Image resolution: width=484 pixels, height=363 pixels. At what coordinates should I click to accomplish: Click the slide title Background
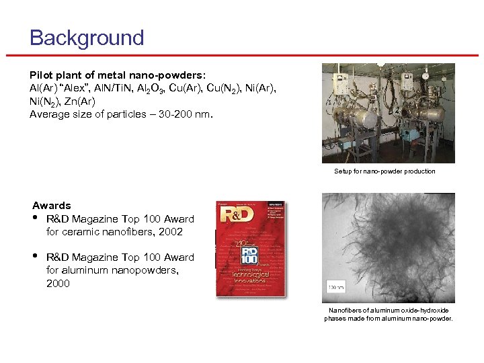(x=87, y=38)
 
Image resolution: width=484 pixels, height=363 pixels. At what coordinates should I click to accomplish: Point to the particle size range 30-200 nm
(x=177, y=114)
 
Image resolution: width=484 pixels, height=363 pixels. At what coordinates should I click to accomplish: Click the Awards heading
(x=52, y=206)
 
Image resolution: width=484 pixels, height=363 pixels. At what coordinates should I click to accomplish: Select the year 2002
(x=170, y=232)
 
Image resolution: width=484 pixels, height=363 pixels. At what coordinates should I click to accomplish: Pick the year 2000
(x=58, y=284)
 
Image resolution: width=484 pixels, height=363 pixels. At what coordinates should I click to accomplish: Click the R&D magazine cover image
(x=251, y=249)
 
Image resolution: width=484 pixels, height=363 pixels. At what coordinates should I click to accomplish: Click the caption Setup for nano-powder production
(x=385, y=171)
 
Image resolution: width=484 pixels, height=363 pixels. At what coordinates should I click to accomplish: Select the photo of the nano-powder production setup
(x=388, y=113)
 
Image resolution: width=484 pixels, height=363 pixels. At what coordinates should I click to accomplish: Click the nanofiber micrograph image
(x=388, y=247)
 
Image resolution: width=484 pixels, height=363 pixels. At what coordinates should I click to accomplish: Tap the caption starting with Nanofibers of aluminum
(x=389, y=314)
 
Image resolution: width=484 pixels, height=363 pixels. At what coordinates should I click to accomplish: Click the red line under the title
(x=242, y=56)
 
